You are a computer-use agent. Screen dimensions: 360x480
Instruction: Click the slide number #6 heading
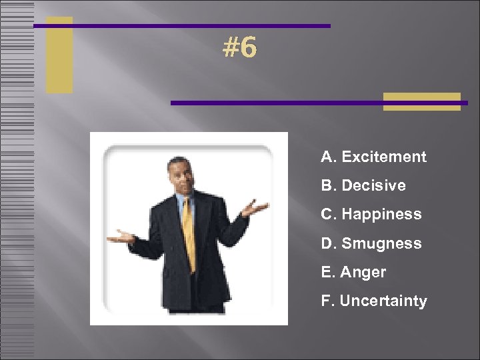[x=240, y=48]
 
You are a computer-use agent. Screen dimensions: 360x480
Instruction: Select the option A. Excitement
[x=373, y=157]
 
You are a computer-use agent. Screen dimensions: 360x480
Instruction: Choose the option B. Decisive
[x=363, y=186]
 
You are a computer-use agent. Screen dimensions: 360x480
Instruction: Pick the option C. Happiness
[x=371, y=215]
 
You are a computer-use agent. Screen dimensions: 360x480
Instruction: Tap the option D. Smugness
[x=371, y=243]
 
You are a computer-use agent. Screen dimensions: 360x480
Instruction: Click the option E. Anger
[x=353, y=272]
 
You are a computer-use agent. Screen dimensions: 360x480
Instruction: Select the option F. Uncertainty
[x=374, y=301]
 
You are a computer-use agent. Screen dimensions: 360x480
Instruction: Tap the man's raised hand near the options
[x=254, y=209]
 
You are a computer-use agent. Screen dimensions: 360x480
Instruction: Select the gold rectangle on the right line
[x=422, y=101]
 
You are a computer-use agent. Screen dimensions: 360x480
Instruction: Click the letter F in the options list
[x=325, y=301]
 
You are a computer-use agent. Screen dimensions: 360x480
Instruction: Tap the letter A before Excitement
[x=327, y=157]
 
